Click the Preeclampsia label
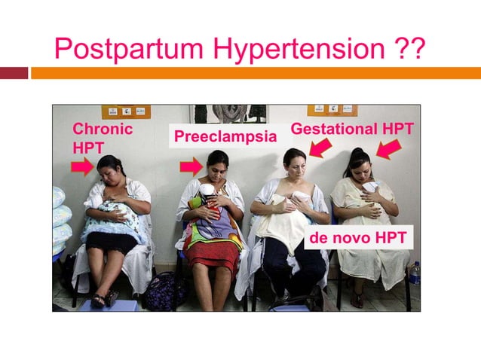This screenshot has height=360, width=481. point(225,136)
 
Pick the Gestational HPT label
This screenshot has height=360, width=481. point(352,129)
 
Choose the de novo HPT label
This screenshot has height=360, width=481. point(357,239)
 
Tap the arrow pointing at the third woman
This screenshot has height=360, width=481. point(320,148)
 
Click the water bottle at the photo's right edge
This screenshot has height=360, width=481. point(414,273)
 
